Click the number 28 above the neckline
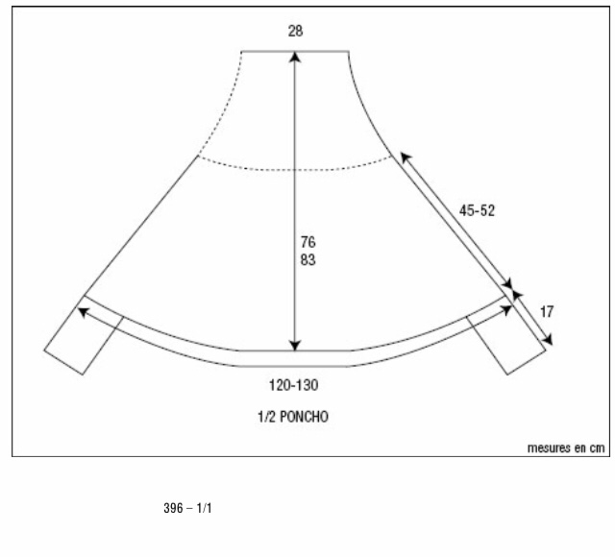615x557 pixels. [x=295, y=31]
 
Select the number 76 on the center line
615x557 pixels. [x=307, y=242]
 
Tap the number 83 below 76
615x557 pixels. [x=307, y=259]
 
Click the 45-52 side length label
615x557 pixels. [x=477, y=210]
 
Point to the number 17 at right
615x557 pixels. [x=547, y=312]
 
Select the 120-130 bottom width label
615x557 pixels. [x=293, y=385]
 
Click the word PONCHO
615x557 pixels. [x=305, y=417]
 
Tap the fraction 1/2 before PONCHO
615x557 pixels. [x=267, y=417]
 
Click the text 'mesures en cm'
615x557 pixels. [x=566, y=448]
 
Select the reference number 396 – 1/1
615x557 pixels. [x=187, y=508]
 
